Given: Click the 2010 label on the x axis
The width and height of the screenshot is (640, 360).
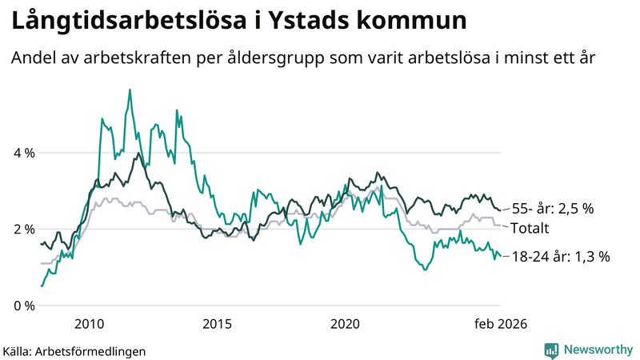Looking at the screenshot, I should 89,324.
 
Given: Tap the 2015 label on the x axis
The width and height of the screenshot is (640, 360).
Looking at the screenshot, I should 217,324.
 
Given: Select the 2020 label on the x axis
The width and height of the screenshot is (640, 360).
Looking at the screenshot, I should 345,324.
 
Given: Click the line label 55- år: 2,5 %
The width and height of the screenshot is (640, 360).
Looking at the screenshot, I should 553,208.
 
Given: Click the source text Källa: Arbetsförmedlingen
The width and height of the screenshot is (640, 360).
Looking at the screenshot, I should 74,350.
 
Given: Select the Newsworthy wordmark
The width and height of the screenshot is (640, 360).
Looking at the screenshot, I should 597,350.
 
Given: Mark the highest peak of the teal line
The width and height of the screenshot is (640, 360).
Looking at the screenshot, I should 130,90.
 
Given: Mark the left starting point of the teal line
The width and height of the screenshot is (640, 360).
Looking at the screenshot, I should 41,286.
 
